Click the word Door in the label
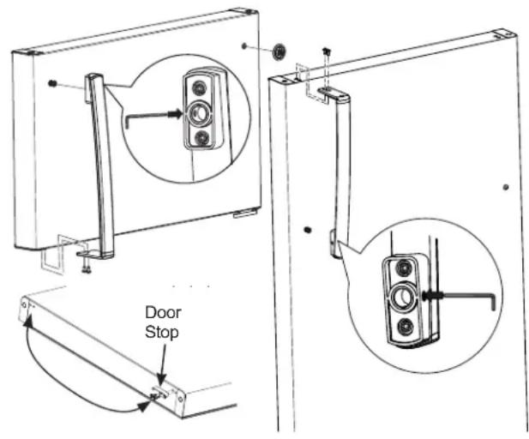[x=162, y=314]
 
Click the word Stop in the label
[x=162, y=331]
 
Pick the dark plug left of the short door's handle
[x=54, y=83]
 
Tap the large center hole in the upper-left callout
[x=200, y=112]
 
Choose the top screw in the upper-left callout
[x=200, y=86]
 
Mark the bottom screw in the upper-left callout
[x=200, y=137]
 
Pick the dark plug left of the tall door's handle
[x=307, y=229]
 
